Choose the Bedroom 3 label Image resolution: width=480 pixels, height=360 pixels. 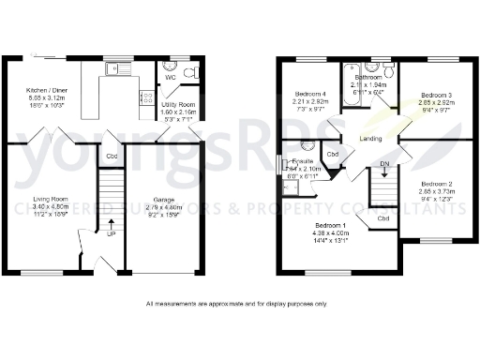pos(436,96)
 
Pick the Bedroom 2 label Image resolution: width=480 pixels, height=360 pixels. pos(436,184)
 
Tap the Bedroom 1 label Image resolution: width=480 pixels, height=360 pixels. pos(332,225)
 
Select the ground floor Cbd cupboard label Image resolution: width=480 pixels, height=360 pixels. pos(112,156)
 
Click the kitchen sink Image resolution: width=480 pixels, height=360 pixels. pos(119,67)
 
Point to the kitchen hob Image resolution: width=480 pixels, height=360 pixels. pos(146,96)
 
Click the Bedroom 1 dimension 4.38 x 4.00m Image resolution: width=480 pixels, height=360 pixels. pos(332,232)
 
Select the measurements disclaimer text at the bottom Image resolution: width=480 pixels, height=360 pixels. pos(237,304)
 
